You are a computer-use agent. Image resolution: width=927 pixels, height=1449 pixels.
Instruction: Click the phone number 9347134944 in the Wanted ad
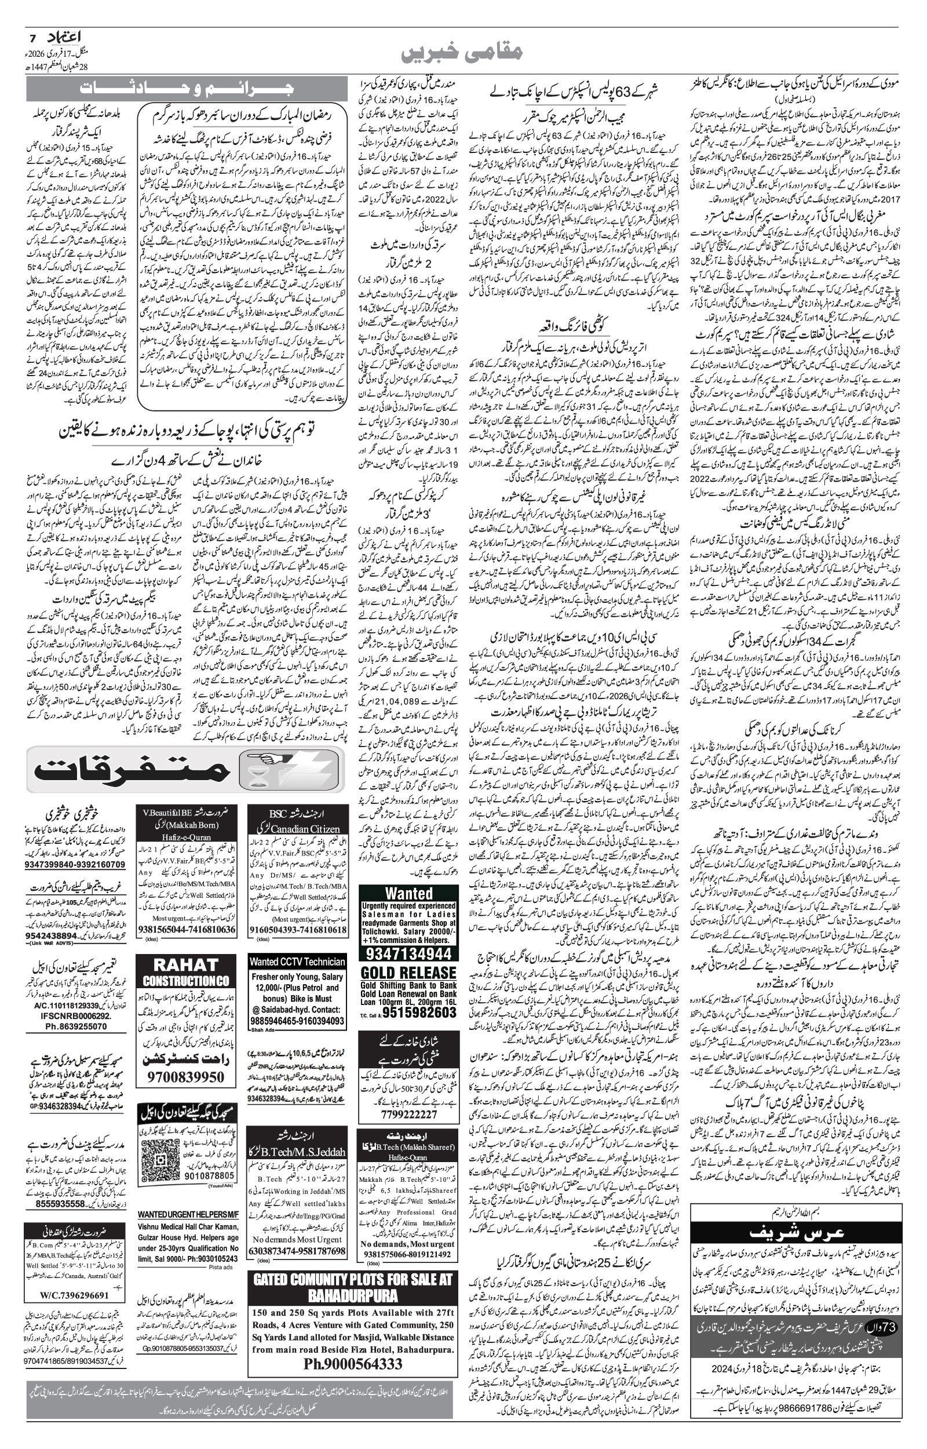(408, 953)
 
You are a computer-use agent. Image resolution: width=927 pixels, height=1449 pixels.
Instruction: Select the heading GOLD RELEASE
(408, 973)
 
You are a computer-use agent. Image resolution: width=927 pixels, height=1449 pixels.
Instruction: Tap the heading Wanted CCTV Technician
(297, 962)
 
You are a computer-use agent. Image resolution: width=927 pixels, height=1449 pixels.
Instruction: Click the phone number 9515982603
(415, 1013)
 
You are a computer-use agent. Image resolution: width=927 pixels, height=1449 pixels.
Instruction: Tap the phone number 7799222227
(408, 1113)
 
